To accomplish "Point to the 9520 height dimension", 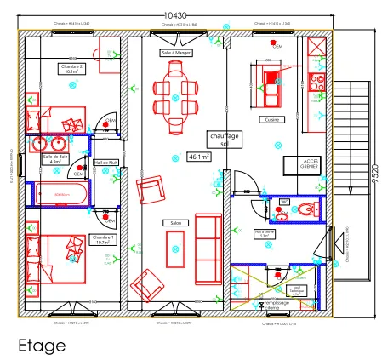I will tap(374, 174).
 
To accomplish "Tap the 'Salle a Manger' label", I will tap(176, 52).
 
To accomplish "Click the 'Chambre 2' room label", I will tap(71, 68).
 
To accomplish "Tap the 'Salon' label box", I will tap(176, 223).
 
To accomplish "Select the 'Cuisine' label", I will tap(271, 119).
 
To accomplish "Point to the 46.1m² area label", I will tap(198, 157).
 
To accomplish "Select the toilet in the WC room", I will tap(307, 209).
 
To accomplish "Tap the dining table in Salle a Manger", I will tap(174, 92).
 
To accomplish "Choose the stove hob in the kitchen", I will tap(319, 83).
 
